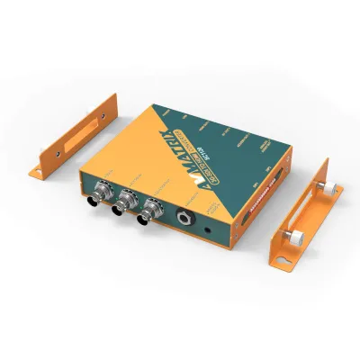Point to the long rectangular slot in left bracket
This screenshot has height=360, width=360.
[x=81, y=131]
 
